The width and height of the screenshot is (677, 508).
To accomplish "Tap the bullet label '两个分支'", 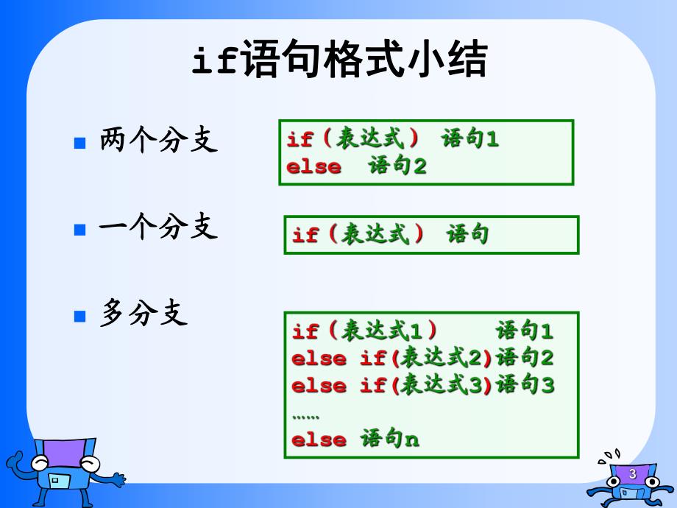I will click(159, 140).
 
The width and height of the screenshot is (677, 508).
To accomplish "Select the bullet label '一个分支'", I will click(159, 227).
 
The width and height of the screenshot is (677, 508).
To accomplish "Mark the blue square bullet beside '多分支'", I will click(81, 317).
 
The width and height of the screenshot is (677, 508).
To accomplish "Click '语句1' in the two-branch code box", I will click(470, 139).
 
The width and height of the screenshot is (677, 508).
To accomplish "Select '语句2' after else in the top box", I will click(397, 166).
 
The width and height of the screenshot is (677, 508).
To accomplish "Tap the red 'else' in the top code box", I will click(313, 167).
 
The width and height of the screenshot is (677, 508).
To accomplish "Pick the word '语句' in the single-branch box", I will click(468, 234).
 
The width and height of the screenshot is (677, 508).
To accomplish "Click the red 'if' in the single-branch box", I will click(305, 236).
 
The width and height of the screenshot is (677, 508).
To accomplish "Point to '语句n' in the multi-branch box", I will click(390, 440).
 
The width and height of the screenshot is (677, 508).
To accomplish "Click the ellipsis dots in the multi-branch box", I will click(305, 417).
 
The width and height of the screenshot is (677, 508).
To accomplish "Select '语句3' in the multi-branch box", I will click(525, 385).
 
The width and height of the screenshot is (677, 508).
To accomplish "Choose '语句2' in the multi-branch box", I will click(525, 359).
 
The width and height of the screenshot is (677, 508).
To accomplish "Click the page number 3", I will click(632, 474).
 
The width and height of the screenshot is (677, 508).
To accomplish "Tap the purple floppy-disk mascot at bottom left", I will click(63, 468).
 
